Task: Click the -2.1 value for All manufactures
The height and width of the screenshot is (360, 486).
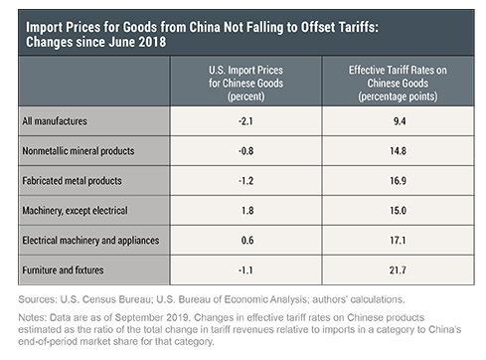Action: (x=245, y=121)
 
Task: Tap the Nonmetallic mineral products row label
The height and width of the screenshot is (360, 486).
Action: (x=79, y=151)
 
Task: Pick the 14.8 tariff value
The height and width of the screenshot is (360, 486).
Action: (x=398, y=151)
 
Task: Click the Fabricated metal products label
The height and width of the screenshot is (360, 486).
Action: (x=72, y=181)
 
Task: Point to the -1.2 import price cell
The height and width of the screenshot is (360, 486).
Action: (x=245, y=181)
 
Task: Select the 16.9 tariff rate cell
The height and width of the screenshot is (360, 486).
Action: (x=398, y=181)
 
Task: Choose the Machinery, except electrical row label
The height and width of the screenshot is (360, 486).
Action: (x=75, y=211)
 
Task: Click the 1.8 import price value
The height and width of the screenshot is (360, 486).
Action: (x=247, y=211)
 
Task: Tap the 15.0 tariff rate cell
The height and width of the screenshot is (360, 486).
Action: (x=398, y=211)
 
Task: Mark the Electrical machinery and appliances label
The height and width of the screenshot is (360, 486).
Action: (x=90, y=241)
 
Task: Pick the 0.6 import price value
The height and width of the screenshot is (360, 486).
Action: (x=247, y=241)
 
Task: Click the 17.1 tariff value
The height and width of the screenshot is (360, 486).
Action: (x=398, y=241)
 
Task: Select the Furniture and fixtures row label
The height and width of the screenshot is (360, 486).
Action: (x=63, y=270)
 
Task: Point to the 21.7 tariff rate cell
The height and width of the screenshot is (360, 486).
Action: (x=398, y=270)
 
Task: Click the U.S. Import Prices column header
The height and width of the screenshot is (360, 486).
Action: (x=245, y=84)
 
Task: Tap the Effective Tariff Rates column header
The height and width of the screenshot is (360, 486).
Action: (x=398, y=84)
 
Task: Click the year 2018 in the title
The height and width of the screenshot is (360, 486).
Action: (x=152, y=43)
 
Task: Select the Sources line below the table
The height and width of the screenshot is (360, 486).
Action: (x=212, y=299)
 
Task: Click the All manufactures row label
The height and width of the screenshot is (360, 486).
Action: (x=55, y=121)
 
